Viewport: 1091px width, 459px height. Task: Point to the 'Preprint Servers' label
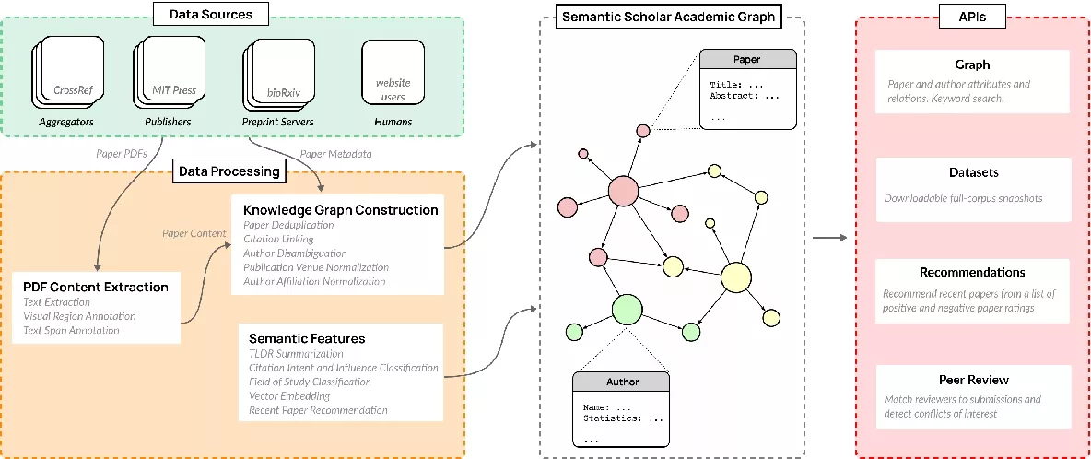[278, 122]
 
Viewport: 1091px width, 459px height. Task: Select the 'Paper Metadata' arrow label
[336, 153]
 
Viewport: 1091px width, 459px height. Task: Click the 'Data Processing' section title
[229, 171]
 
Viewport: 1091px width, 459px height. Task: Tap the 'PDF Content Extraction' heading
[96, 287]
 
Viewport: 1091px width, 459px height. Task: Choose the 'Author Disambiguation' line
[295, 253]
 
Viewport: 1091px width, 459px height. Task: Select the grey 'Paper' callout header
[746, 59]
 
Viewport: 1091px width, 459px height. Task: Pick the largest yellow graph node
[736, 277]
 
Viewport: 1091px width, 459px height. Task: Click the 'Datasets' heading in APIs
[973, 172]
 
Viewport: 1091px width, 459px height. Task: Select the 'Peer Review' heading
[973, 380]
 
